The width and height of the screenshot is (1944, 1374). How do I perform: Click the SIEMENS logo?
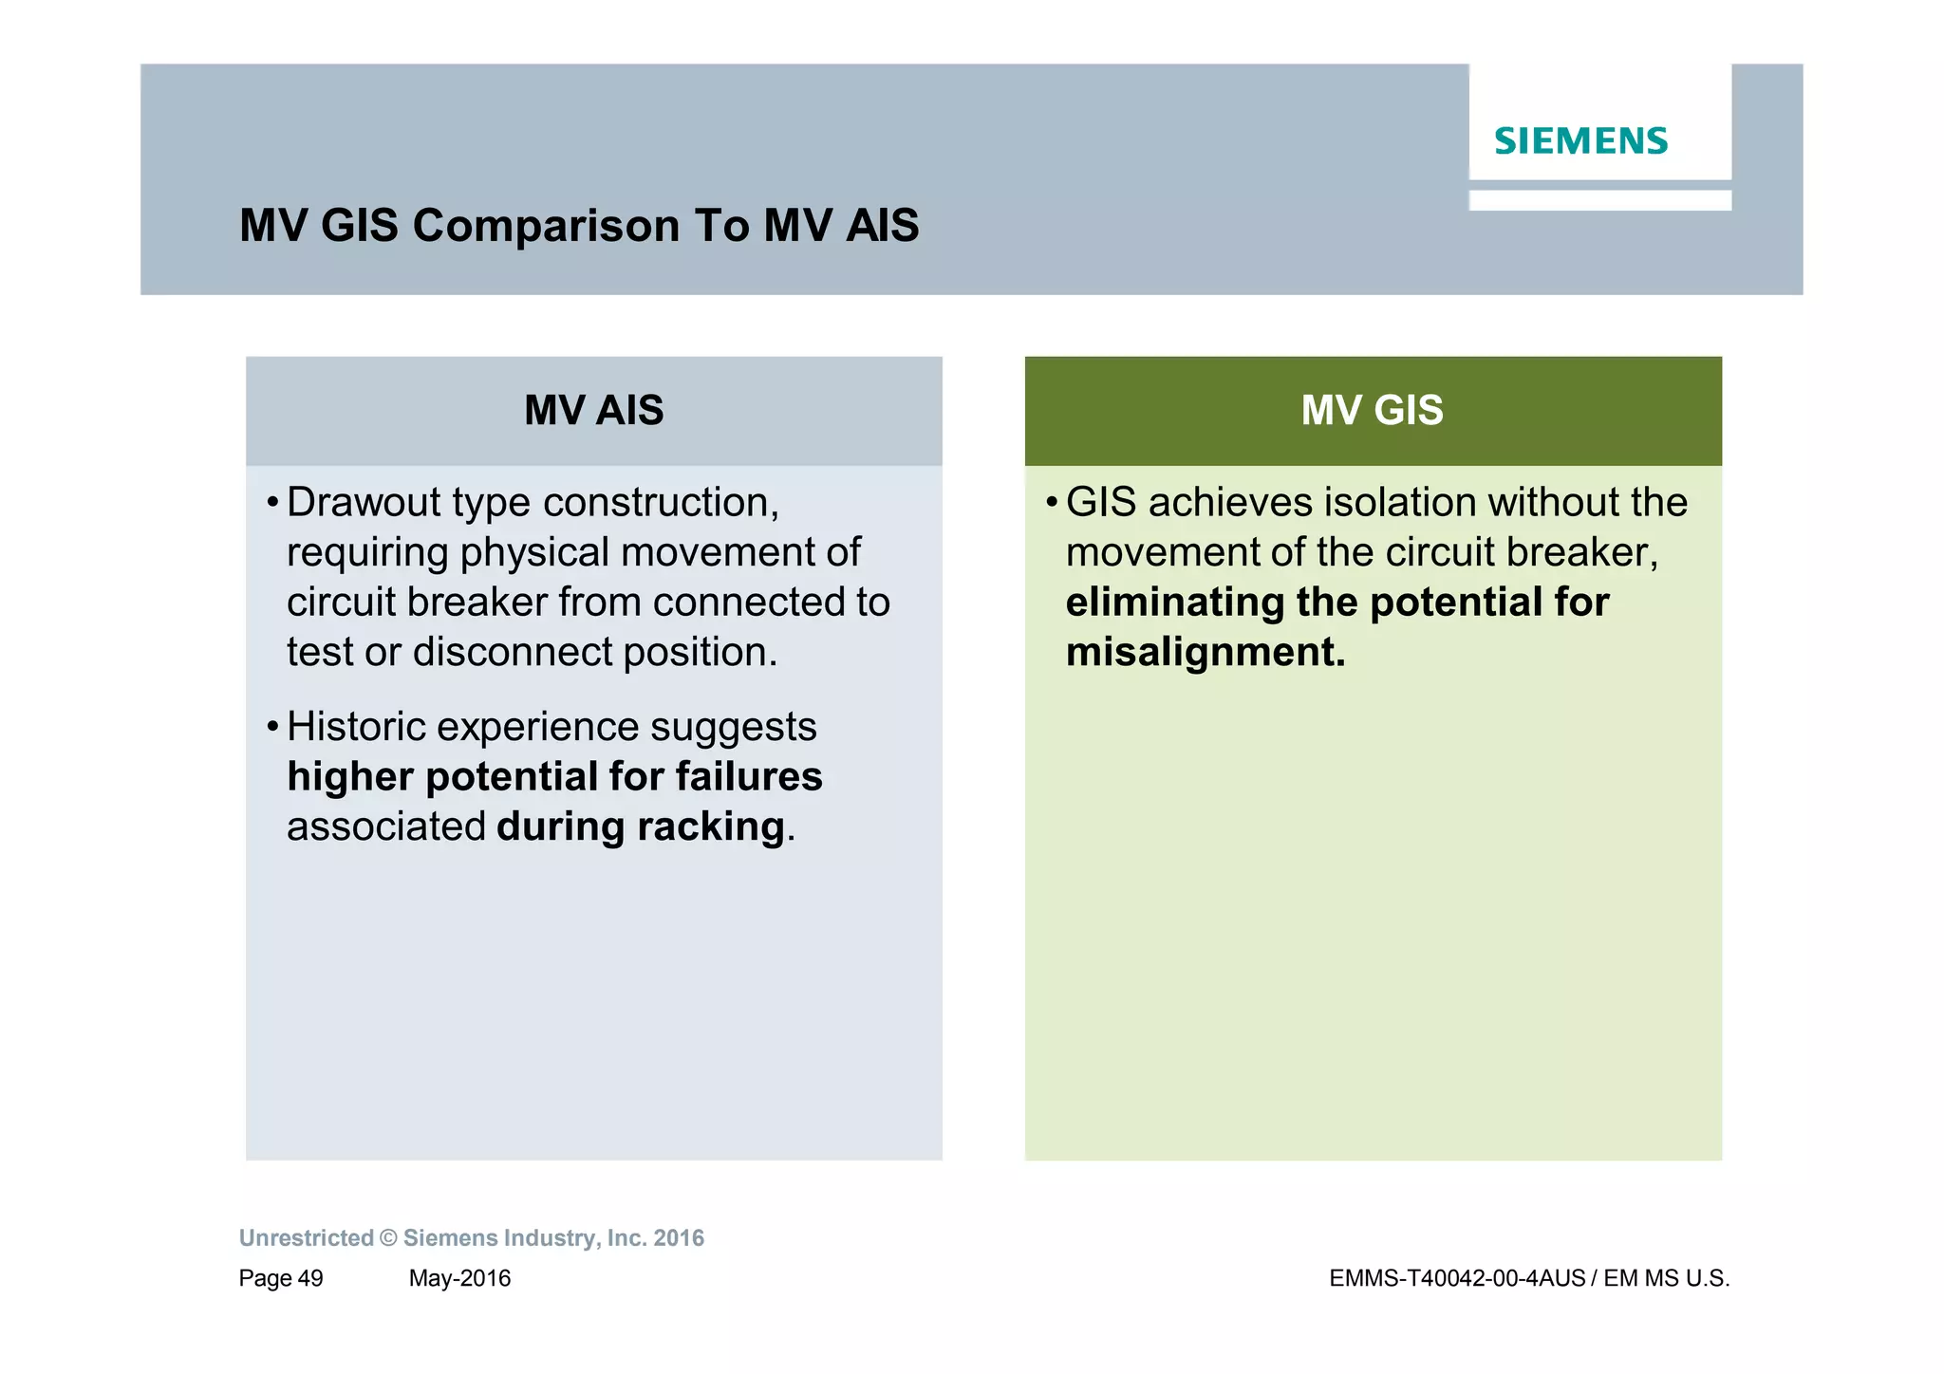(x=1580, y=141)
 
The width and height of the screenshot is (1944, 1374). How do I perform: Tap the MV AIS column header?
(x=594, y=411)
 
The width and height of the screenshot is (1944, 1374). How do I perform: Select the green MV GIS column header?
(x=1373, y=411)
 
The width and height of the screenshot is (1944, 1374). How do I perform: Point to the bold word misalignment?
(x=1205, y=653)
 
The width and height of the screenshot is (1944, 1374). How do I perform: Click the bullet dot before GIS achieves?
(x=1052, y=503)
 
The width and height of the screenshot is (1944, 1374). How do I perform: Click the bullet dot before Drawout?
(x=272, y=503)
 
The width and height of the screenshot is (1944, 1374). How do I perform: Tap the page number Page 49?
(x=281, y=1279)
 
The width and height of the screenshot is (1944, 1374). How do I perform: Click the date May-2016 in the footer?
(x=459, y=1279)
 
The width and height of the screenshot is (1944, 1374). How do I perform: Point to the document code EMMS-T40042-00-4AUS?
(x=1457, y=1279)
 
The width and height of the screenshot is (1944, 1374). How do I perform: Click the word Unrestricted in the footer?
(x=306, y=1238)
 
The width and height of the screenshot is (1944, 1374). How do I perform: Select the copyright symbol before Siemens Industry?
(x=388, y=1238)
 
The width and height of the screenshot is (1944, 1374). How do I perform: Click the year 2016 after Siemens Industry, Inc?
(x=679, y=1238)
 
